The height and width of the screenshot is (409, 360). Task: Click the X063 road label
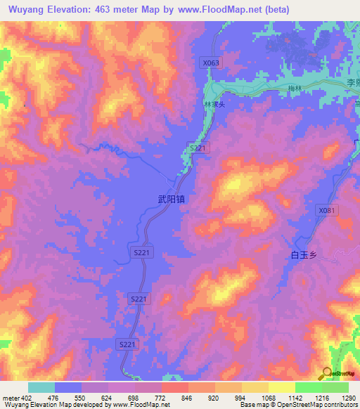point(211,63)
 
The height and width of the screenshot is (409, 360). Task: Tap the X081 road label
point(327,210)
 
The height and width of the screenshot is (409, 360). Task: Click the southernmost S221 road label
point(127,344)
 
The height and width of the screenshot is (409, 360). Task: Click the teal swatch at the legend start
point(41,387)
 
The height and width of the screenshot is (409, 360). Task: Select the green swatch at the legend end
point(335,387)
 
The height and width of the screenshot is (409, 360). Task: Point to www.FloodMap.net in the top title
point(224,11)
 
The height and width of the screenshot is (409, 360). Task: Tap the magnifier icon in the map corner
point(326,372)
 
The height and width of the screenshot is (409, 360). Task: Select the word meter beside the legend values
point(12,397)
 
